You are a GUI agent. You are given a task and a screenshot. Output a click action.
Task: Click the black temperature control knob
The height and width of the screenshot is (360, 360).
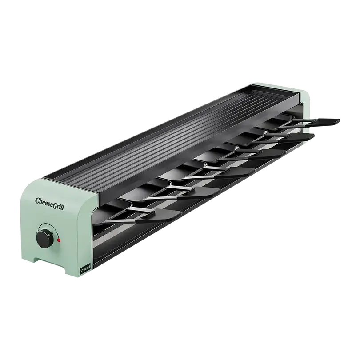tap(45, 239)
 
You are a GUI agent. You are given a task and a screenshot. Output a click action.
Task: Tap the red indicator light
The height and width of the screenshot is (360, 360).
tap(59, 240)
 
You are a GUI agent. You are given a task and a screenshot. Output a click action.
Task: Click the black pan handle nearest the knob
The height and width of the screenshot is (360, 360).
tap(158, 216)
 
